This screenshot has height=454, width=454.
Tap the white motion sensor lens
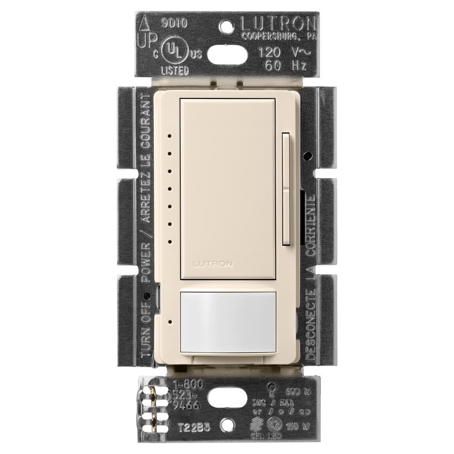coord(228,322)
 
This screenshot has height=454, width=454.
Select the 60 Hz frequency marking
coord(283,66)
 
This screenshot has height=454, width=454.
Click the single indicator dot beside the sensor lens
coord(169,322)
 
